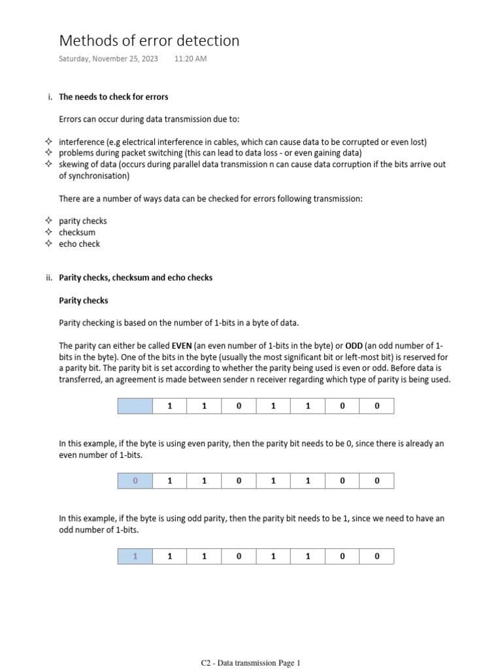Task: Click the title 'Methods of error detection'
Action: (x=149, y=41)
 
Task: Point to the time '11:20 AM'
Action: (x=191, y=59)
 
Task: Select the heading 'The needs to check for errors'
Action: (x=114, y=97)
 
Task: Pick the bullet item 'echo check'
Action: (x=80, y=244)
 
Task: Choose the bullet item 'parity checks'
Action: (x=83, y=221)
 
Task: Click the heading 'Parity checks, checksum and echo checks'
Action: (x=136, y=278)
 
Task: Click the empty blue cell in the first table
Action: (x=135, y=406)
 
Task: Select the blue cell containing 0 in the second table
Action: (x=135, y=481)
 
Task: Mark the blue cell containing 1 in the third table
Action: (x=135, y=557)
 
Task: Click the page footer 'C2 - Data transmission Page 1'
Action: (x=250, y=663)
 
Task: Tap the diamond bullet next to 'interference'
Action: (x=48, y=142)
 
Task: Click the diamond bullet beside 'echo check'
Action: (x=48, y=244)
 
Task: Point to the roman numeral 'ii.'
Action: (x=49, y=278)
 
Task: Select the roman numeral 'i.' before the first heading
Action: (x=50, y=97)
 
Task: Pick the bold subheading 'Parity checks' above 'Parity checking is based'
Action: (x=84, y=301)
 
